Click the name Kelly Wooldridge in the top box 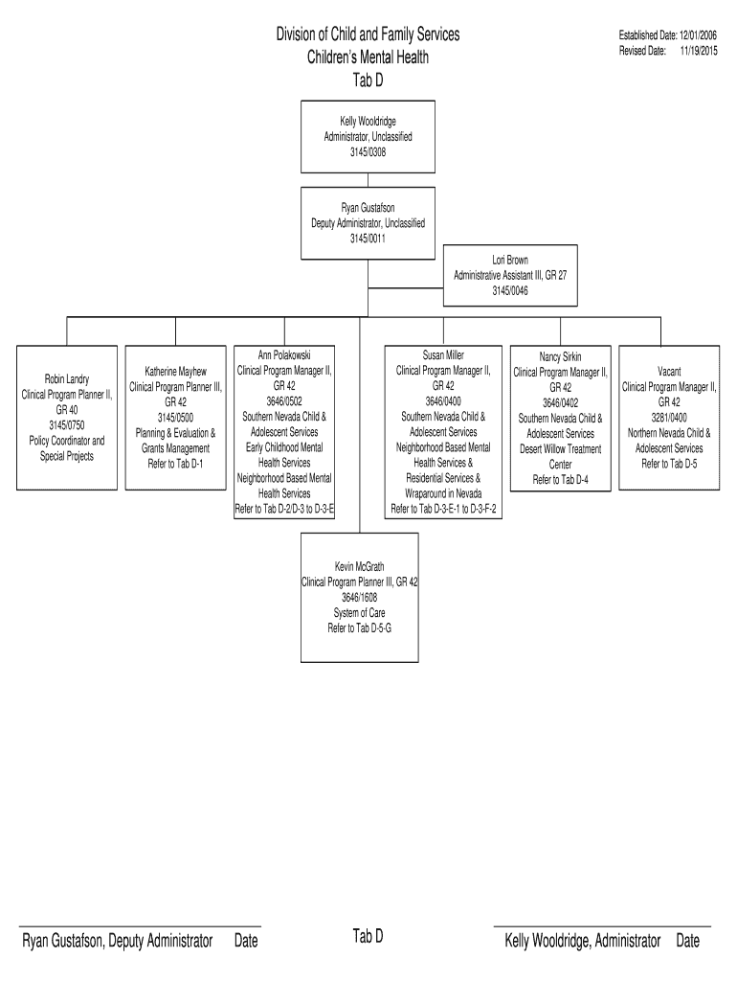point(368,122)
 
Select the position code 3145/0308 point(368,151)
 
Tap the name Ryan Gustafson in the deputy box point(368,208)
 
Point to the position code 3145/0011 point(368,239)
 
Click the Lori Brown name point(510,260)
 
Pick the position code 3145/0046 point(510,290)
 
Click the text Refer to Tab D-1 point(176,463)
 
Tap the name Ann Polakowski point(284,355)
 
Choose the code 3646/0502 point(284,401)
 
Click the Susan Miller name point(443,355)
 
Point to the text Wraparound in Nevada point(443,493)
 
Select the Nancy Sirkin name point(560,357)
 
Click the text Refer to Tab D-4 point(560,480)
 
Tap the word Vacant point(669,371)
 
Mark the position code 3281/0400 point(669,418)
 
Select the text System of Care point(360,612)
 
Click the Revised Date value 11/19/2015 point(699,50)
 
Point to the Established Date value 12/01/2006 point(699,35)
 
